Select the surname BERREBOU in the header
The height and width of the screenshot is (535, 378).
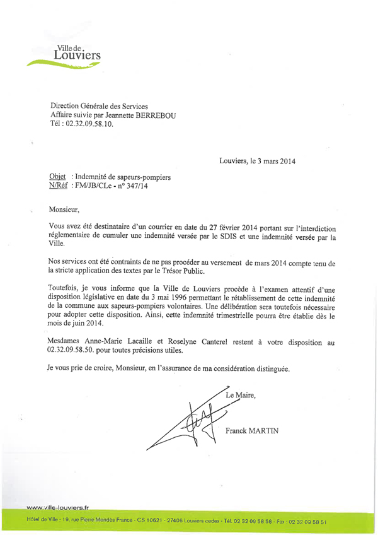click(176, 115)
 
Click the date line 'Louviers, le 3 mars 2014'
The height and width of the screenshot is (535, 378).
click(257, 162)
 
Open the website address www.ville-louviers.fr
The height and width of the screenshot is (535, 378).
click(58, 507)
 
